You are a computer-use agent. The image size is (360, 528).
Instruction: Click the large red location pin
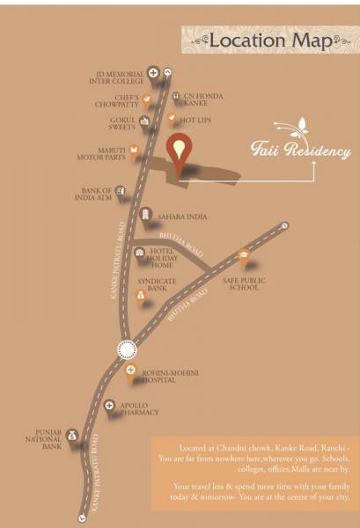tap(180, 152)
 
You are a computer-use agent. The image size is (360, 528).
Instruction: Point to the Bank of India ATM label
tap(99, 194)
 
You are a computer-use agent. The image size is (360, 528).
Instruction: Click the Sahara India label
tap(183, 215)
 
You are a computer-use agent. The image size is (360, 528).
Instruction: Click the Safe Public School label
tap(244, 284)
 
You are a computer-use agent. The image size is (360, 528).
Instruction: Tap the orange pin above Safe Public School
tap(244, 259)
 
